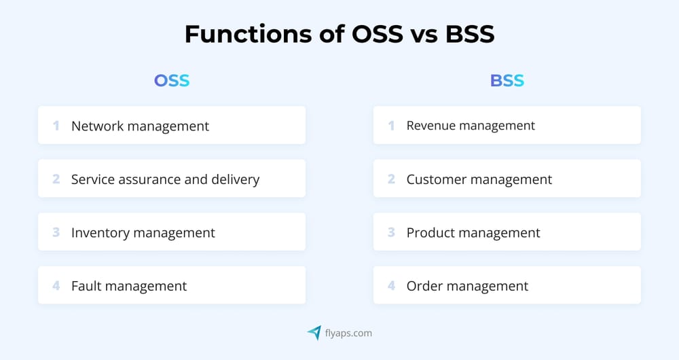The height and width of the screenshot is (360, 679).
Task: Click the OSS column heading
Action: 171,81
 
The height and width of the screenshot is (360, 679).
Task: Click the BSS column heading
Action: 507,81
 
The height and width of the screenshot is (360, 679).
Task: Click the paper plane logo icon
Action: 314,332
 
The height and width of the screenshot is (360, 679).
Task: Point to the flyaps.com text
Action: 348,333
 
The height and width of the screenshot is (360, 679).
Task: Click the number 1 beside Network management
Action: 56,126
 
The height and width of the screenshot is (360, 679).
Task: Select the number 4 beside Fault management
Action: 56,286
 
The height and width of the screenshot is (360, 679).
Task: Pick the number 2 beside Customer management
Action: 391,179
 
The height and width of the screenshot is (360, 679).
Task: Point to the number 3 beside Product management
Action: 391,233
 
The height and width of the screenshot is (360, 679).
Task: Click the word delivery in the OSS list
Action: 234,179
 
